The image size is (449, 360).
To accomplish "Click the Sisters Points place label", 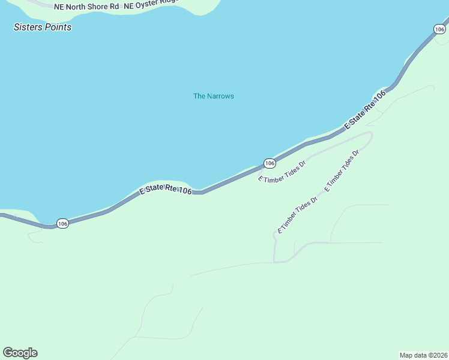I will [x=43, y=27].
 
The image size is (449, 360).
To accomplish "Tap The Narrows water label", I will [x=213, y=96].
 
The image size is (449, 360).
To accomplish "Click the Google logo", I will [x=20, y=353].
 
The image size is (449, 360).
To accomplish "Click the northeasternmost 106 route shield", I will [x=440, y=28].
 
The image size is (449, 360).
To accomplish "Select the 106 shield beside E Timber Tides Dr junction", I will [x=270, y=163].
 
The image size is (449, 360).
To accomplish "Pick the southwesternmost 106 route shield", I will [x=63, y=223].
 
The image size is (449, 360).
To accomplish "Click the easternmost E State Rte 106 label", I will [x=365, y=110].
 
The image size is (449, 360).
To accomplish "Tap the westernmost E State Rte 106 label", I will [x=166, y=191].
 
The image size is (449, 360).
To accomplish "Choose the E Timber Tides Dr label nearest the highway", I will [x=282, y=171].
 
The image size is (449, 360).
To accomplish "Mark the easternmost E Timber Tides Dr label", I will [x=342, y=171].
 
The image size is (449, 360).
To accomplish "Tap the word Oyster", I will [x=148, y=6].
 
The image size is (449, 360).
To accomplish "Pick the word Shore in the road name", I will [x=93, y=6].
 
